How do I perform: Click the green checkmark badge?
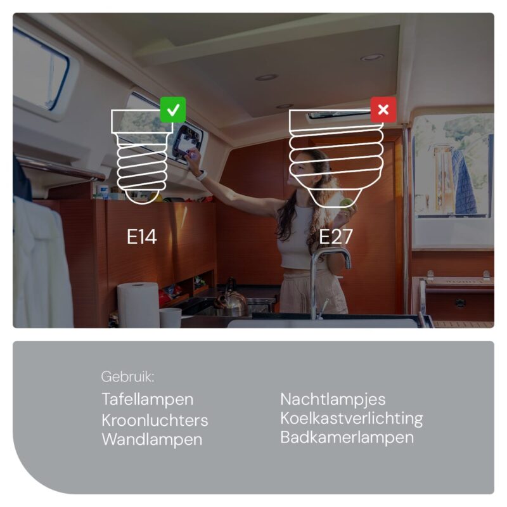click(173, 110)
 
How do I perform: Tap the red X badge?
click(383, 110)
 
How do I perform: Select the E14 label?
click(141, 236)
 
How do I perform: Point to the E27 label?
click(336, 236)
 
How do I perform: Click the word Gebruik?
click(127, 377)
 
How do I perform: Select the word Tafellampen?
click(148, 399)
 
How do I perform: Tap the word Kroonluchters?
click(155, 420)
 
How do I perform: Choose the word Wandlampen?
click(152, 440)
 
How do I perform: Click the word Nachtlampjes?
click(333, 399)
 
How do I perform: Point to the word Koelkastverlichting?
click(352, 419)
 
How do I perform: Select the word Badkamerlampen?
click(347, 438)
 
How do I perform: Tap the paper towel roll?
click(138, 305)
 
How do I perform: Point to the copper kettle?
click(230, 297)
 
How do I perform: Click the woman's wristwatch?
click(202, 176)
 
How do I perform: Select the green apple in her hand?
click(347, 204)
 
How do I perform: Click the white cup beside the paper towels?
click(170, 318)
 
